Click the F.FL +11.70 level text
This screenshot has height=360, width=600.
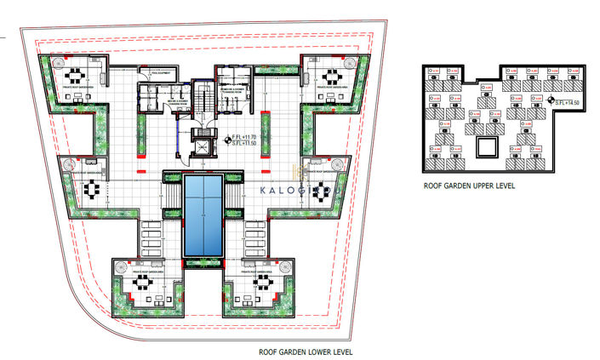coord(248,135)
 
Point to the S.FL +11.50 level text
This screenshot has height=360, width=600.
coord(248,143)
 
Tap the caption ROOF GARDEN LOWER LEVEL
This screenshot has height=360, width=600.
coord(306,351)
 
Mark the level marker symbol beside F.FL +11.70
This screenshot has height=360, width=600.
coord(226,139)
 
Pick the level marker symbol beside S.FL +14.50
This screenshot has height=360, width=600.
coord(551,101)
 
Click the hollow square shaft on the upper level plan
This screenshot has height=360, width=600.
coord(486,147)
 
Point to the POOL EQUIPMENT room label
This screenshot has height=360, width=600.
coord(162,73)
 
